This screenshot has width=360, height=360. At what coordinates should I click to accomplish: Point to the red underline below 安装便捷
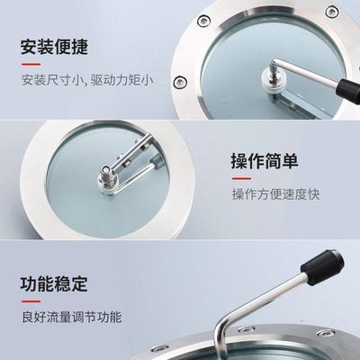tap(31, 65)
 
